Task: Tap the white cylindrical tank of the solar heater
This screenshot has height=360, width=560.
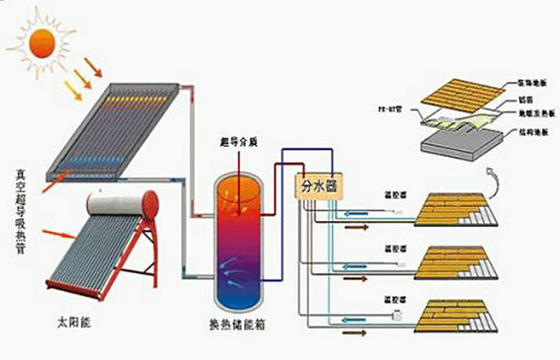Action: pyautogui.click(x=120, y=203)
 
